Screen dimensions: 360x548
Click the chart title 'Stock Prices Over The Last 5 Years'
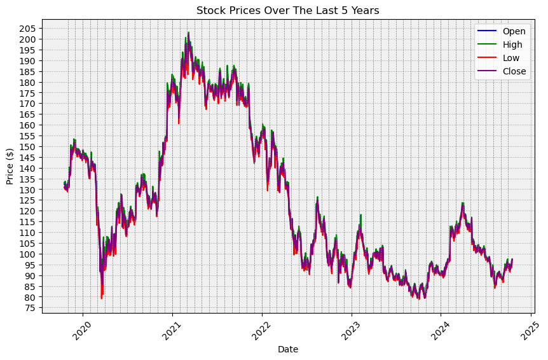287,10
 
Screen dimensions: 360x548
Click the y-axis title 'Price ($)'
10,166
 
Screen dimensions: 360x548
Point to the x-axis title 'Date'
287,349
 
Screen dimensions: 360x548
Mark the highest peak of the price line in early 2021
188,32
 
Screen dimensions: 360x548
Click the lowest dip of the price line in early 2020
101,298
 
